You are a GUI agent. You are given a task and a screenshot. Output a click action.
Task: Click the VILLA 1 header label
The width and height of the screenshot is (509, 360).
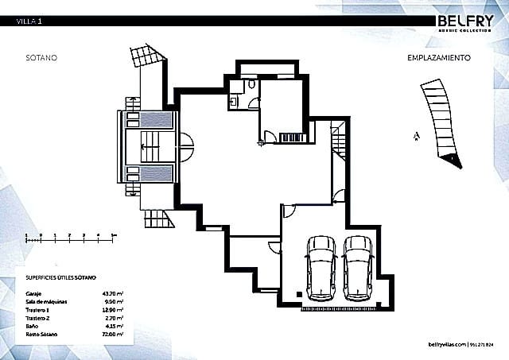click(29, 21)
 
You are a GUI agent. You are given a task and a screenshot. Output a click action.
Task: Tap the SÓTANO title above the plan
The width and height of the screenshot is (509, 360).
click(41, 58)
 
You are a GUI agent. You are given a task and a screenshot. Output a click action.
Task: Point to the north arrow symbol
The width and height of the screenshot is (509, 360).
click(415, 136)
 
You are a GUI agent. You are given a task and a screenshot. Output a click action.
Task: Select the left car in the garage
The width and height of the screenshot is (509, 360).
click(321, 265)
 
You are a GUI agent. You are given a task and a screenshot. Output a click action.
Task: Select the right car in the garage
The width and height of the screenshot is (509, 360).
click(359, 265)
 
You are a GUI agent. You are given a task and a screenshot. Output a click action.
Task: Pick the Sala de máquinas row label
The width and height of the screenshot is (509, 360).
click(47, 303)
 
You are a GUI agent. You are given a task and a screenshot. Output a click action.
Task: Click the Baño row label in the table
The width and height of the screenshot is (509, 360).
click(33, 327)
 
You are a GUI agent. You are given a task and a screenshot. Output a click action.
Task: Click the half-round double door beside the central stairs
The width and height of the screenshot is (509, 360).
click(185, 145)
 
